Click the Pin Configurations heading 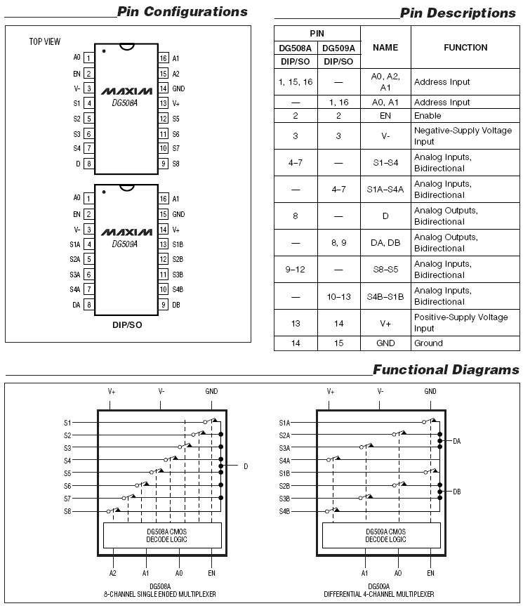coord(182,11)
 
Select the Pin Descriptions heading coord(457,13)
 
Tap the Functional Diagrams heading coord(445,369)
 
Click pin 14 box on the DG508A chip coord(163,88)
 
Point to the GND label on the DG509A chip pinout coord(178,214)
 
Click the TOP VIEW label coord(45,41)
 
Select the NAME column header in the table coord(385,47)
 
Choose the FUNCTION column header coord(465,47)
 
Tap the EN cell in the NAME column coord(385,115)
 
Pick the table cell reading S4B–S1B coord(385,296)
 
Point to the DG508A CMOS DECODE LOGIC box coord(162,535)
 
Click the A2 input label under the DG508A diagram coord(112,574)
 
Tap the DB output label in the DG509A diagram coord(456,492)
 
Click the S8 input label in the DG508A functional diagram coord(67,511)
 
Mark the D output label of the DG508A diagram coord(246,466)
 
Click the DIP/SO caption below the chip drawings coord(127,325)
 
